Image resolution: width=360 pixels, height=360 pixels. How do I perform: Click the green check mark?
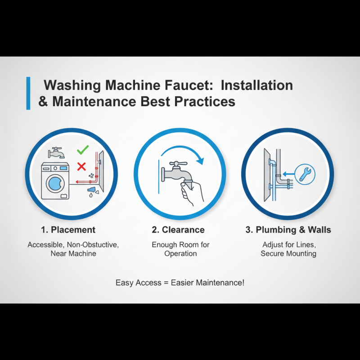tap(82, 150)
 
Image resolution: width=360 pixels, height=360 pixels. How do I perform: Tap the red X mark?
tap(81, 167)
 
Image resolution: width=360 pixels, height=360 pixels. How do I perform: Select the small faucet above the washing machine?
tap(57, 153)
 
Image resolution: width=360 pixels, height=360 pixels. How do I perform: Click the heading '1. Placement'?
tap(68, 230)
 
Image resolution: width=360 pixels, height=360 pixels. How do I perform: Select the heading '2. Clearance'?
tap(178, 230)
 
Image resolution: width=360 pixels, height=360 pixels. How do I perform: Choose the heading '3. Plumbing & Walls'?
tap(288, 230)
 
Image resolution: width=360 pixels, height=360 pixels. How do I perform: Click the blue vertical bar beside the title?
tap(28, 93)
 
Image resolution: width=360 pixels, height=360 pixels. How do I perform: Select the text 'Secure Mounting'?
tap(288, 254)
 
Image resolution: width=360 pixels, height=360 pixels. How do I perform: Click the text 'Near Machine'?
tap(73, 254)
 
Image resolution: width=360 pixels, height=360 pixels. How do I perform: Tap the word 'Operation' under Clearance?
tap(180, 254)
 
